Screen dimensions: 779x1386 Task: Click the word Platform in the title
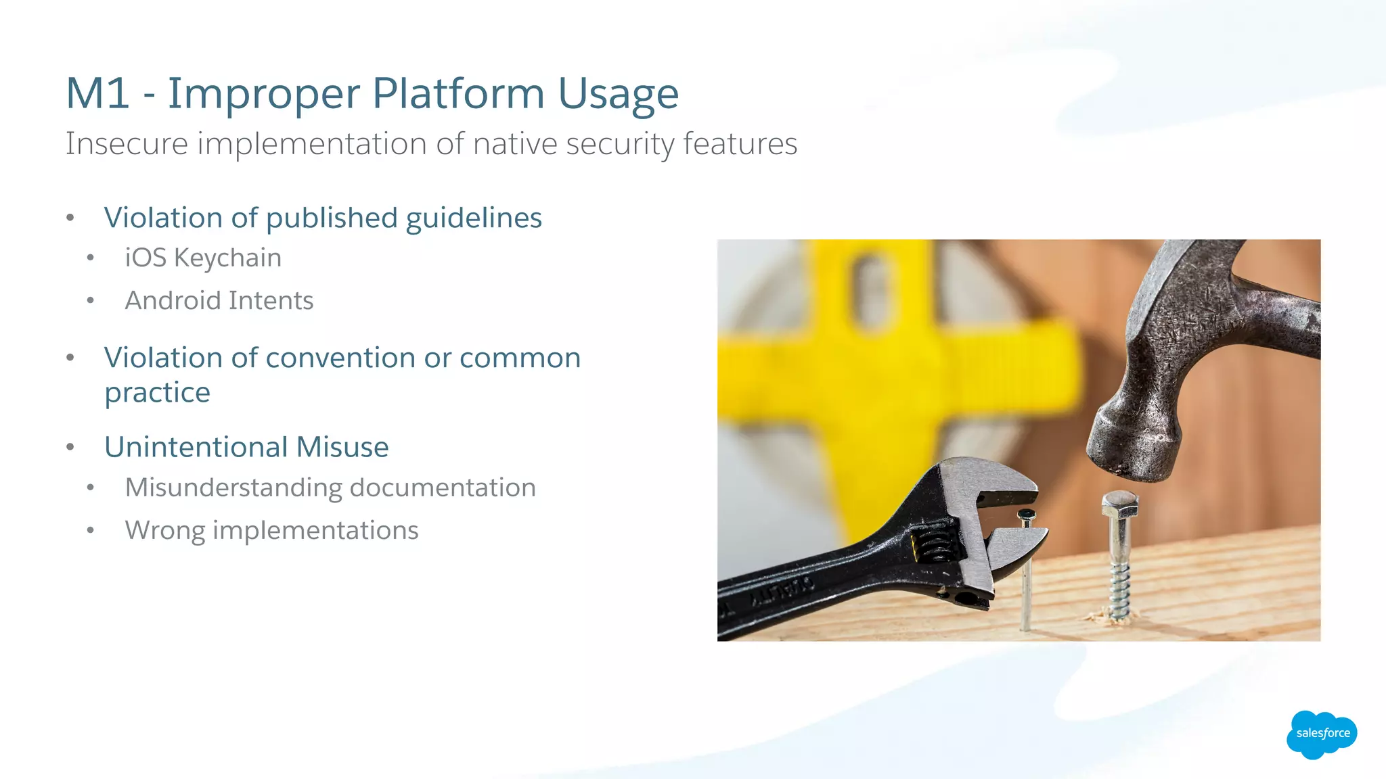(x=457, y=93)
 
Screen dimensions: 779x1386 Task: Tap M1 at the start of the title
(x=97, y=93)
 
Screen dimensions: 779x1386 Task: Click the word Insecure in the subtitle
(x=127, y=144)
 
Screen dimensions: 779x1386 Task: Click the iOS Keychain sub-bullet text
(x=203, y=258)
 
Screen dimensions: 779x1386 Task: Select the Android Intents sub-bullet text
(x=219, y=301)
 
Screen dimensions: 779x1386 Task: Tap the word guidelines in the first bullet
(x=474, y=218)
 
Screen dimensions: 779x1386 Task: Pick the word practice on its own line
(x=157, y=393)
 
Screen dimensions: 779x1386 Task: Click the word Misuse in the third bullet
(x=342, y=448)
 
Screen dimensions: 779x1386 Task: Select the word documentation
(x=443, y=488)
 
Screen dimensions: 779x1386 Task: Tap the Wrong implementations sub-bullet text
(x=271, y=531)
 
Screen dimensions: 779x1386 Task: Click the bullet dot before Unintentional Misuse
(x=70, y=447)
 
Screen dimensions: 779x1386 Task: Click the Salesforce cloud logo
(x=1322, y=734)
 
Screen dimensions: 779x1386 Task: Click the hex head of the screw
(x=1120, y=504)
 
